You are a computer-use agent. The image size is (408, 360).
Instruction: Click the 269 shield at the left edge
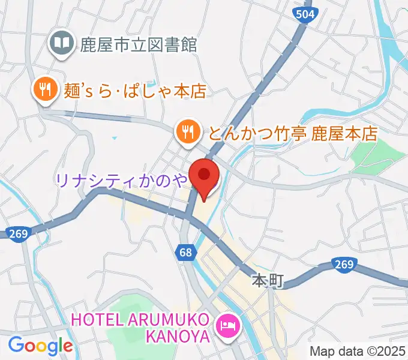[18, 233]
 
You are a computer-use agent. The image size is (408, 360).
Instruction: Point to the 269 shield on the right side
[344, 265]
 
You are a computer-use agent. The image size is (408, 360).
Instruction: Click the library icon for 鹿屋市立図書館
[61, 43]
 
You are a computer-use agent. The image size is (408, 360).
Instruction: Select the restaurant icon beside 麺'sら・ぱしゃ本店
[44, 91]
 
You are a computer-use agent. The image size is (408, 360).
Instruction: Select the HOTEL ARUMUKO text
[141, 317]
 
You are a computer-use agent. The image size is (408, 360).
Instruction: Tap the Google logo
[40, 346]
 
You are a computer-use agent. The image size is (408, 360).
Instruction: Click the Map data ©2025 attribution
[357, 352]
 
